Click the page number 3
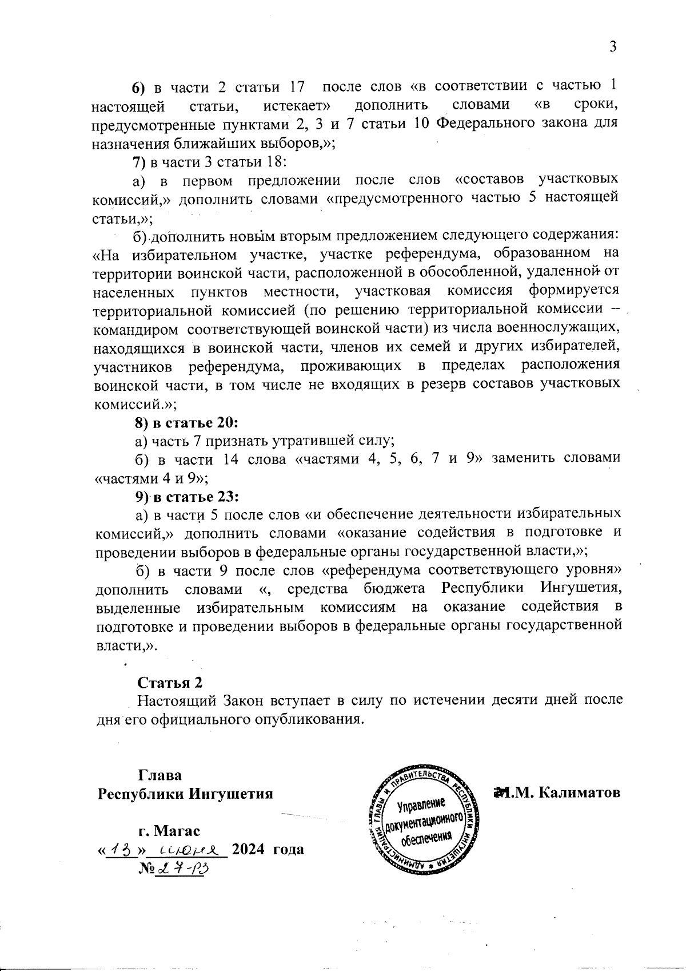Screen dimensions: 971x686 pyautogui.click(x=612, y=47)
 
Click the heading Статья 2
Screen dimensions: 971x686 pyautogui.click(x=170, y=683)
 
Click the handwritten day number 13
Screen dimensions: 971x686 pyautogui.click(x=121, y=849)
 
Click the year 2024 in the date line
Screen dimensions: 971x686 pyautogui.click(x=249, y=849)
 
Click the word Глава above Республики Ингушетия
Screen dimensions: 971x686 pyautogui.click(x=160, y=776)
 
